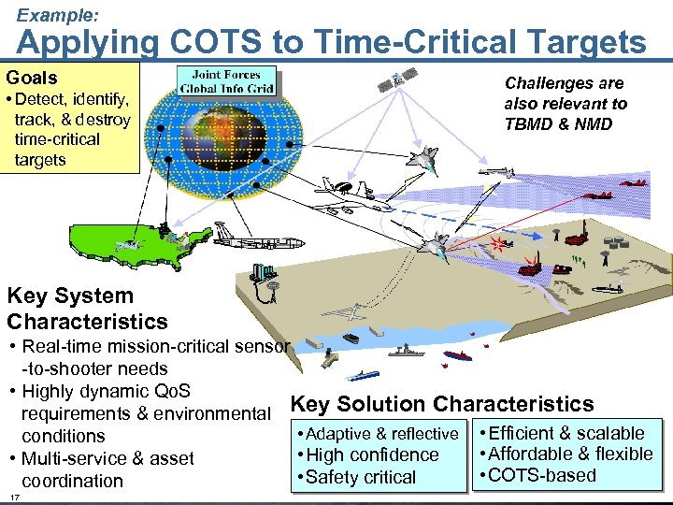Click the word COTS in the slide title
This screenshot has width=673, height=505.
(x=227, y=42)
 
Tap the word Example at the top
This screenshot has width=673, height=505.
(x=58, y=14)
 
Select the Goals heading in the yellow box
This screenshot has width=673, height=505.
(x=32, y=78)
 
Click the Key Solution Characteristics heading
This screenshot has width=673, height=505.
(x=442, y=404)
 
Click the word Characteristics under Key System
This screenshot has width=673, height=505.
(x=87, y=322)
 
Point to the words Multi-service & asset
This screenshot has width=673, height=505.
(x=107, y=458)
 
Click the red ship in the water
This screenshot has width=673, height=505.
(x=457, y=355)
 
